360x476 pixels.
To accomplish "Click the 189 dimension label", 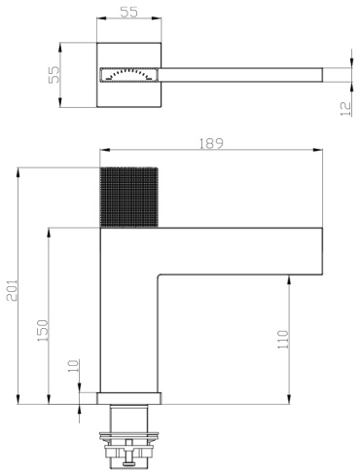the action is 211,143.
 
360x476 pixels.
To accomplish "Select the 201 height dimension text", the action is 13,290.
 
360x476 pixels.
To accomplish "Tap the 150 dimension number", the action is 43,330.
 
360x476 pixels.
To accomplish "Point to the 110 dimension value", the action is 283,340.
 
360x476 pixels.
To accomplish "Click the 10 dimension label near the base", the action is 74,366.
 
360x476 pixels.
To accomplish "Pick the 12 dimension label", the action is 345,109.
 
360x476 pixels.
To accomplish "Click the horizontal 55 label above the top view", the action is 129,12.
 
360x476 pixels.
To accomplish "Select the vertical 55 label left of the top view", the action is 54,74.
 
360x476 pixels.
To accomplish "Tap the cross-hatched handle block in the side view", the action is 128,198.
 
